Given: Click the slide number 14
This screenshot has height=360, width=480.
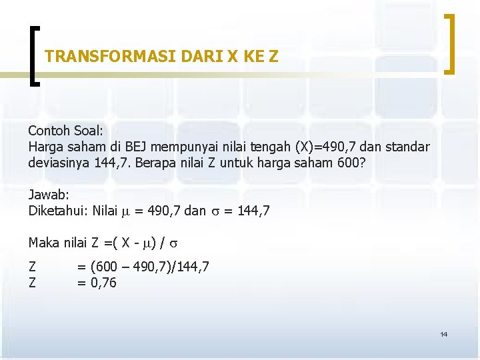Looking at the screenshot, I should [443, 334].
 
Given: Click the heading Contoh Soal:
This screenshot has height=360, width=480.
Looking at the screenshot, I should [65, 130].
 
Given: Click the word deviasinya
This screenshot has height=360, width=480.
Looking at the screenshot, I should [59, 163].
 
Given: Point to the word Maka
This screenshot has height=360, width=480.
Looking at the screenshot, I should [44, 243].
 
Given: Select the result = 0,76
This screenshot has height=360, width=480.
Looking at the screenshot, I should [97, 283].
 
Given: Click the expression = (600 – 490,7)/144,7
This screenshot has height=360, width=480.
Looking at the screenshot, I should [143, 267].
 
